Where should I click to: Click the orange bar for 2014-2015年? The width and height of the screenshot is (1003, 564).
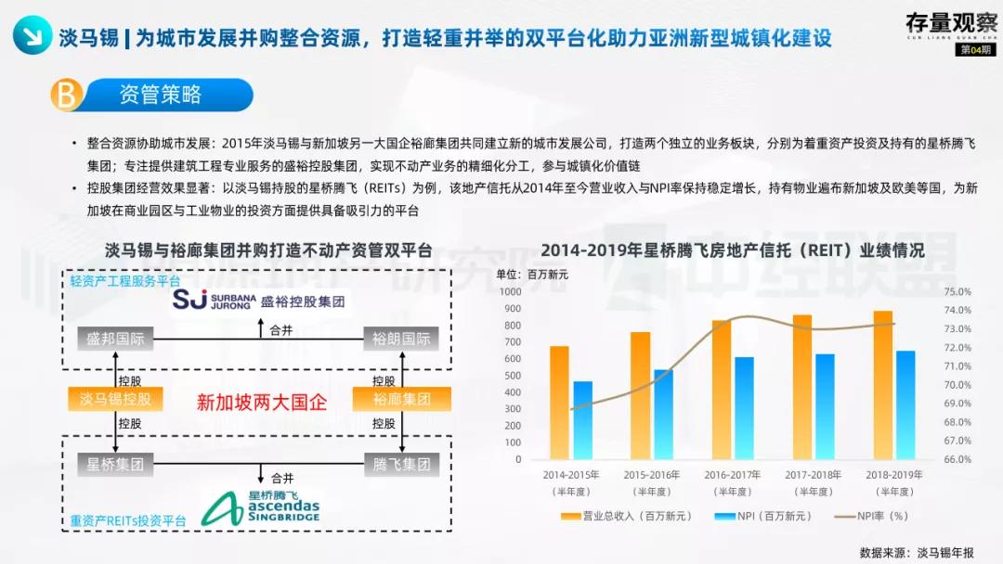pyautogui.click(x=559, y=403)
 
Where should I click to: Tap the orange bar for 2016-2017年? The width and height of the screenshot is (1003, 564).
pyautogui.click(x=722, y=390)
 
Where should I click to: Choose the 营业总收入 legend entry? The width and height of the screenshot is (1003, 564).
pyautogui.click(x=618, y=517)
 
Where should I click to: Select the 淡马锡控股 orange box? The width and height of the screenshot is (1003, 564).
pyautogui.click(x=115, y=400)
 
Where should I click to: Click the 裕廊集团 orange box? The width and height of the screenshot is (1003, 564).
pyautogui.click(x=401, y=400)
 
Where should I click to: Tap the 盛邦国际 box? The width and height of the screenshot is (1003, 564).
pyautogui.click(x=115, y=339)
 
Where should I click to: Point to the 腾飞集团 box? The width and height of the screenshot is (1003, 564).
pyautogui.click(x=401, y=465)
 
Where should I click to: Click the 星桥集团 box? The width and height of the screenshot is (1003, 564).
pyautogui.click(x=115, y=465)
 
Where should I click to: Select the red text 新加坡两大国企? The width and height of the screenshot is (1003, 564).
pyautogui.click(x=262, y=402)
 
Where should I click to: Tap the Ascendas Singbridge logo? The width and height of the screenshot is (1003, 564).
pyautogui.click(x=261, y=506)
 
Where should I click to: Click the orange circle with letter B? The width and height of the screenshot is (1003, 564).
pyautogui.click(x=66, y=95)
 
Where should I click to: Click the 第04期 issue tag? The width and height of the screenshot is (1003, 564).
pyautogui.click(x=975, y=49)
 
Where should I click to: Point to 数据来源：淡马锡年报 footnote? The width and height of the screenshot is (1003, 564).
pyautogui.click(x=917, y=552)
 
